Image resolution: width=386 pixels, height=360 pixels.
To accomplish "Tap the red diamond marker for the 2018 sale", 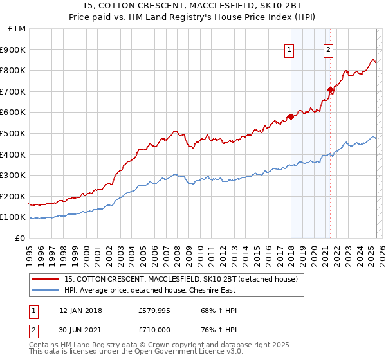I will point(291,116).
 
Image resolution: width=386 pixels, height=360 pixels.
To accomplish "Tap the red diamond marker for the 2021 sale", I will point(330,89).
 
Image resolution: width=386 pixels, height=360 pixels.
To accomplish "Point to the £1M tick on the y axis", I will point(17,29).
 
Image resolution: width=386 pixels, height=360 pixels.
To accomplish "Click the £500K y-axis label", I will point(14,133).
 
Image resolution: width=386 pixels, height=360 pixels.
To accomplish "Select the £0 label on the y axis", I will point(20,238).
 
